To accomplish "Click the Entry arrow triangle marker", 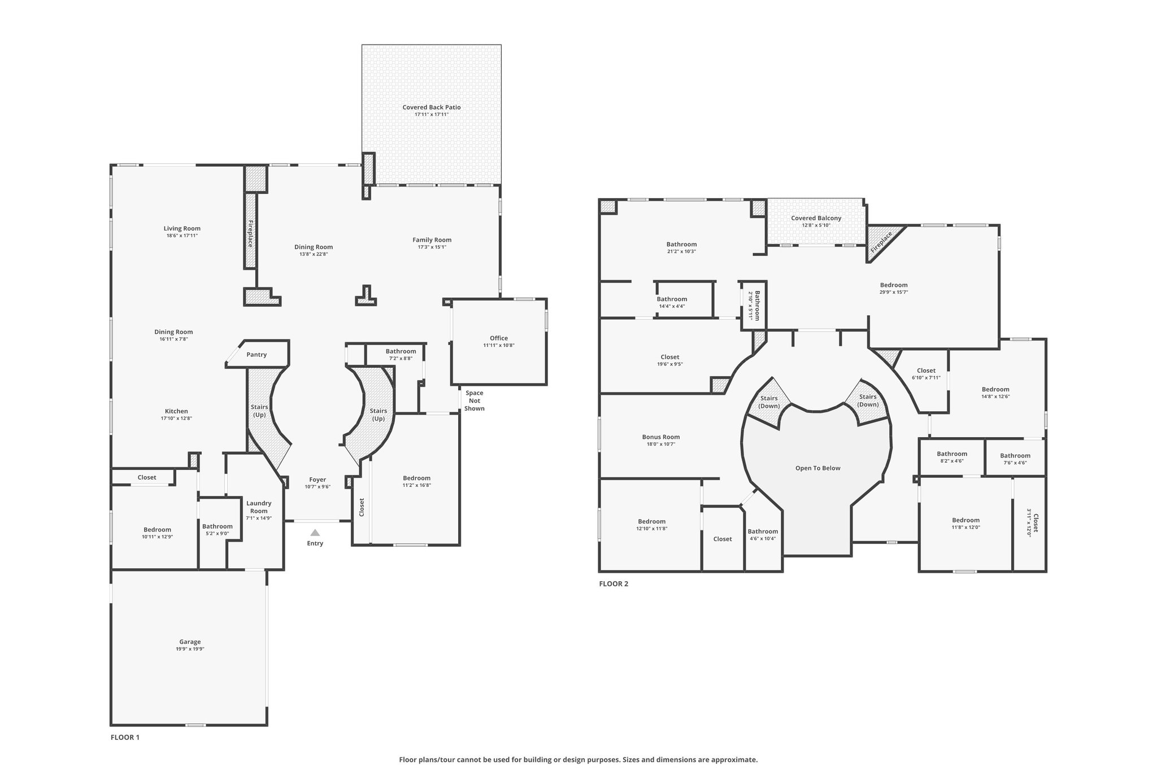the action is coord(315,532).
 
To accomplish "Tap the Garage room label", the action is coord(190,642).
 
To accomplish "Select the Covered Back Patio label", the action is coord(432,107).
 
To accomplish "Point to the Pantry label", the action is coord(256,355).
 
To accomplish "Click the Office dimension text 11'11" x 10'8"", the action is coord(499,345).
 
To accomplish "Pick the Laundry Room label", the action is coord(259,507).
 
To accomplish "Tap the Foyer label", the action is coord(317,480).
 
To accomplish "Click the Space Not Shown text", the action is coord(475,400).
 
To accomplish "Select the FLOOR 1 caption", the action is coord(125,737).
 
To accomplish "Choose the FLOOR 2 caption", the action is coord(614,584).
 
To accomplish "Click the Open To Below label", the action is coord(817,468).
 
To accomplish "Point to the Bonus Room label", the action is coord(661,437).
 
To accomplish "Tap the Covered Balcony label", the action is coord(816,218).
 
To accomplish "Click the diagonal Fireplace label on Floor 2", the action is coord(881,241).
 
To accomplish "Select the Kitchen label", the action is coord(176,411).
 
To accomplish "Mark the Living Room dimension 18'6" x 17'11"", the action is coord(182,236).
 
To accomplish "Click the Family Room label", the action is coord(432,240).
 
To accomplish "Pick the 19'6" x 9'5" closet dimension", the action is coord(670,364).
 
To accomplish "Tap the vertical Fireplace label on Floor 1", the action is coord(250,233).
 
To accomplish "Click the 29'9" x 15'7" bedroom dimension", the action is coord(894,292).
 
